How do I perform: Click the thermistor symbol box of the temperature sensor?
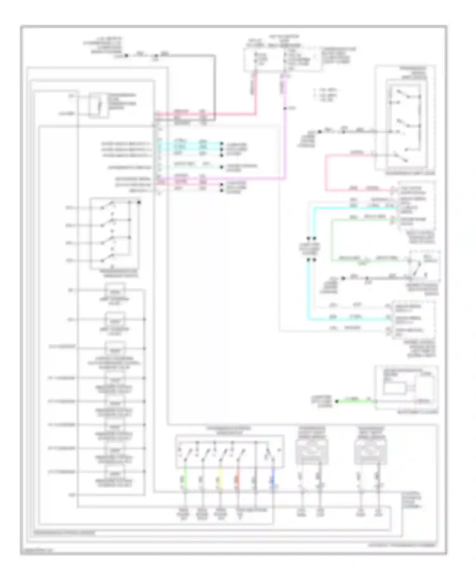point(99,105)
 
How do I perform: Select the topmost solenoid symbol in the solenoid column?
point(115,291)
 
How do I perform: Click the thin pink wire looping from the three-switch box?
point(326,173)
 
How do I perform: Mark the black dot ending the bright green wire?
point(337,401)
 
